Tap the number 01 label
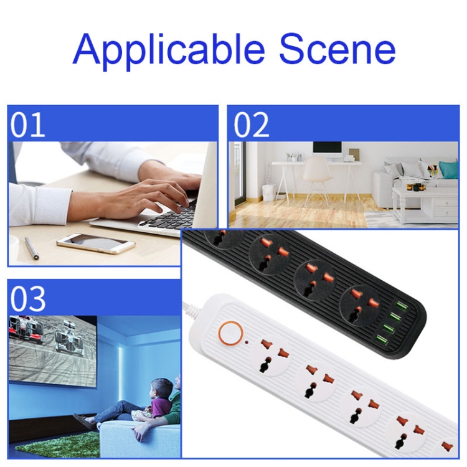(27, 124)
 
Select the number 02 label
(252, 124)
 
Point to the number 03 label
(28, 298)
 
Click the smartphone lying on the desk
(95, 242)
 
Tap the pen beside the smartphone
(31, 248)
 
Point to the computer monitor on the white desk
(327, 149)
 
